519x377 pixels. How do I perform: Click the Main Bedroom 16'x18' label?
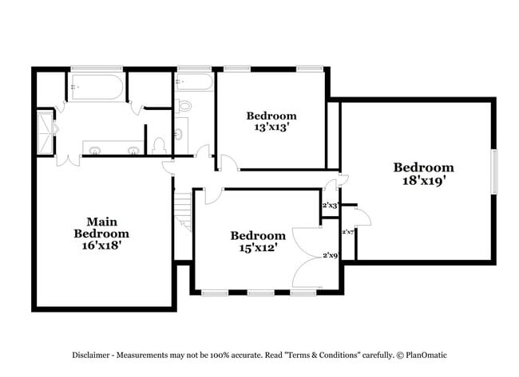click(x=101, y=234)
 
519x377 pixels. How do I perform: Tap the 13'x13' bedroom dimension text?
click(x=271, y=127)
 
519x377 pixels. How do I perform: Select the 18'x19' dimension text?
click(x=423, y=180)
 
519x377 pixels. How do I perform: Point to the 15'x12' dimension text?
click(x=258, y=248)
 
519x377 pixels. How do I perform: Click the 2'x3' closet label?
click(x=330, y=206)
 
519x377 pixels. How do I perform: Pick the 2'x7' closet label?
click(x=348, y=232)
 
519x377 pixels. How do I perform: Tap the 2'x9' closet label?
click(x=330, y=256)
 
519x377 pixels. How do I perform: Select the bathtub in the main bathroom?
click(x=96, y=87)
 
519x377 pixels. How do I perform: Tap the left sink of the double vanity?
click(x=94, y=149)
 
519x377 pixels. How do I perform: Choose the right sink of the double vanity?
click(x=132, y=149)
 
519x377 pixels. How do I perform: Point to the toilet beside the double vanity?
click(x=158, y=144)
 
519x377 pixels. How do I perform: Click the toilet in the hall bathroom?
click(x=185, y=105)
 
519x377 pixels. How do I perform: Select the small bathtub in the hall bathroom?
click(x=194, y=83)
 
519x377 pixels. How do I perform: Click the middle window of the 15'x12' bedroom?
click(x=260, y=293)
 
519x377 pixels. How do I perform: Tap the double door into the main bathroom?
click(x=68, y=159)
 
